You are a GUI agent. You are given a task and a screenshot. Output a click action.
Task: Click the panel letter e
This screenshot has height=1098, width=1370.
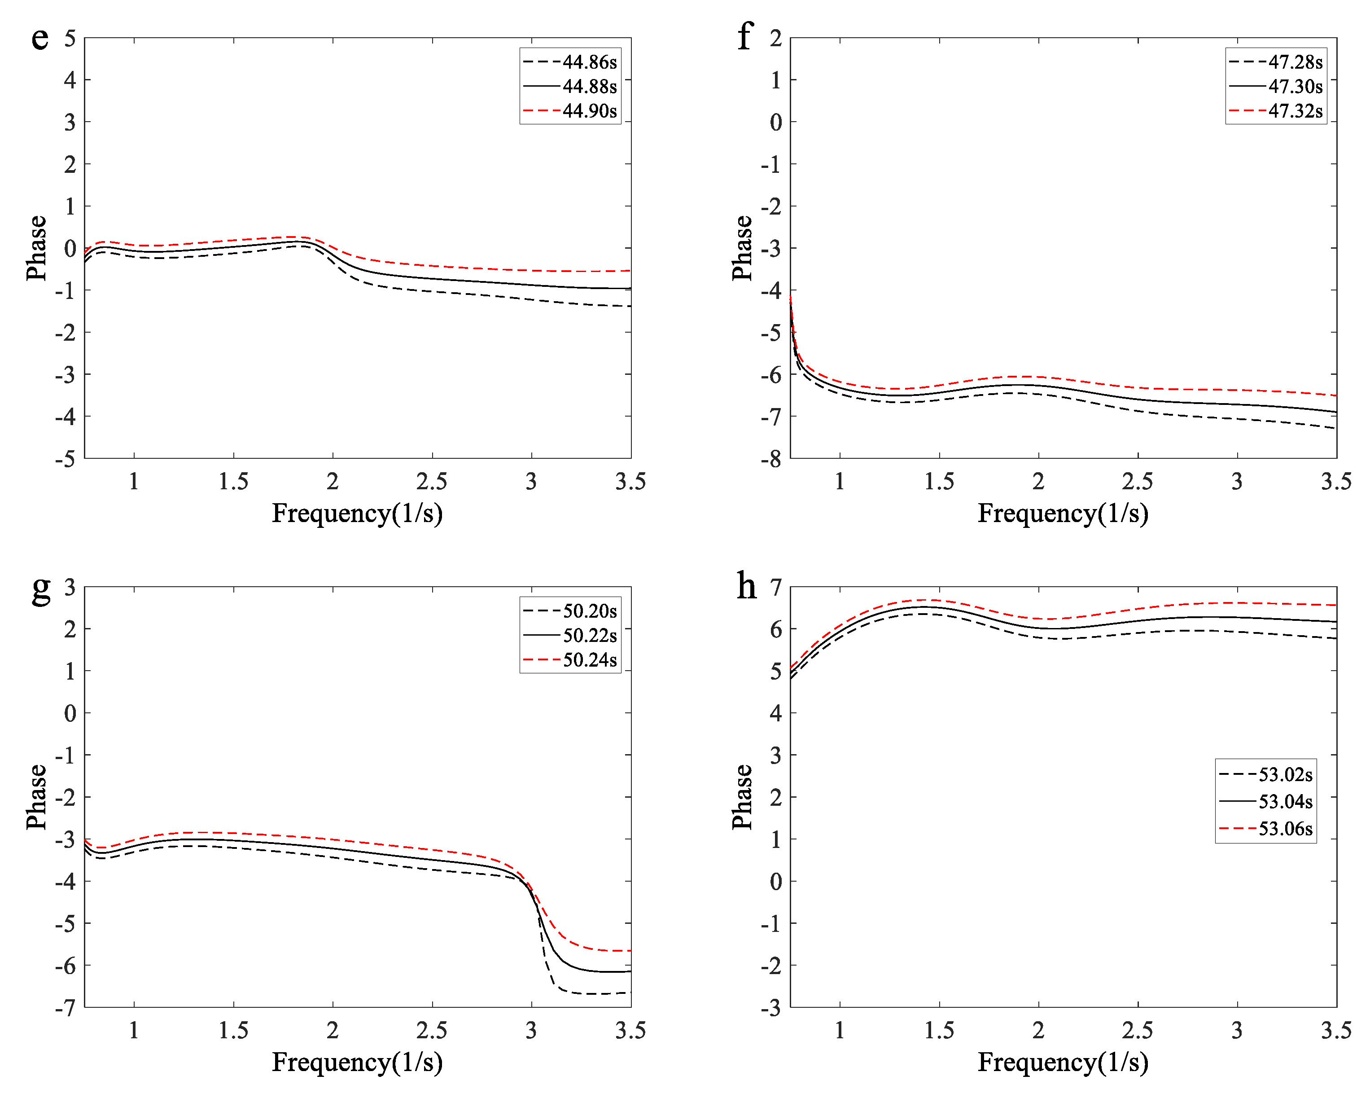(x=39, y=38)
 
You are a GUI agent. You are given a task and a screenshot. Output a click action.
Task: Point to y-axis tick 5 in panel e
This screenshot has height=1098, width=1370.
(x=70, y=38)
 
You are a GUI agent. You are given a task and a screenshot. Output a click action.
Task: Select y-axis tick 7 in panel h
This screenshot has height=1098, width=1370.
(x=775, y=587)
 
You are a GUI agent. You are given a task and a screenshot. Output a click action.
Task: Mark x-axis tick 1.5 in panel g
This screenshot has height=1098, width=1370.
(x=233, y=1030)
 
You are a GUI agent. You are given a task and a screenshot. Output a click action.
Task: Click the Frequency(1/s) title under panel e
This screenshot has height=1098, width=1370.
(x=357, y=513)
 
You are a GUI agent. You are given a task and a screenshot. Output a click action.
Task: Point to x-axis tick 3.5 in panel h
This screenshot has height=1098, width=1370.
(x=1336, y=1030)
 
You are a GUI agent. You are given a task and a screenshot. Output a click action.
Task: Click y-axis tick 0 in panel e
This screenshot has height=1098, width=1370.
(x=70, y=249)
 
